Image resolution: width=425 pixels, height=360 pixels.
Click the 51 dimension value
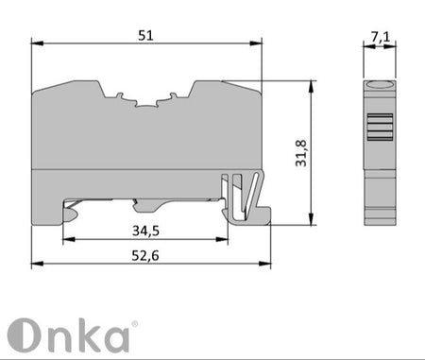pos(145,36)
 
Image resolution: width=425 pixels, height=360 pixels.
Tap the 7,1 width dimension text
pos(380,37)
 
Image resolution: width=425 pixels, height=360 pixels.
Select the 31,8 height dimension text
pos(301,153)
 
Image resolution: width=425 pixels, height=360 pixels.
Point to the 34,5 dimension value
pos(145,231)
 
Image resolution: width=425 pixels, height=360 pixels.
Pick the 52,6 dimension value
pos(145,256)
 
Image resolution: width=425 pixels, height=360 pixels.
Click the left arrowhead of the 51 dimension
pos(37,43)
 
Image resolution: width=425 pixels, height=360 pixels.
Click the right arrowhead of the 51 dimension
pos(256,43)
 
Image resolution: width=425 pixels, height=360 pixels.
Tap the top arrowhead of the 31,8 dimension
pos(311,86)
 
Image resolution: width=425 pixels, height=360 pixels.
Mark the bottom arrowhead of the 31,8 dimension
pos(311,219)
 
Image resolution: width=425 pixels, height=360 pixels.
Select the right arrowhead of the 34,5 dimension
pos(222,239)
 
